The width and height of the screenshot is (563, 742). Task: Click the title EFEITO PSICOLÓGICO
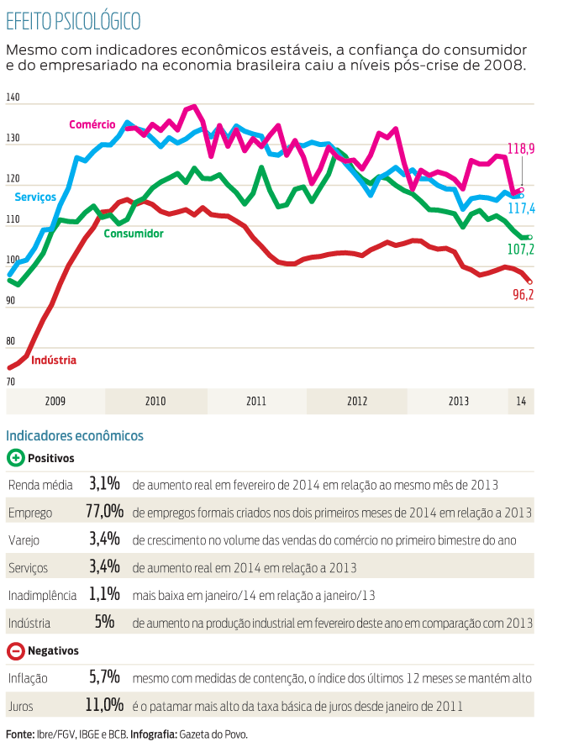[73, 20]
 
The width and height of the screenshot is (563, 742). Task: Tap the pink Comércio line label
[92, 124]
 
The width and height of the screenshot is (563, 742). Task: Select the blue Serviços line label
[35, 197]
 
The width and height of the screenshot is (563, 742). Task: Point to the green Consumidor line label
[133, 234]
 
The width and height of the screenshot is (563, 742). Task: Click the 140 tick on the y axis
[13, 98]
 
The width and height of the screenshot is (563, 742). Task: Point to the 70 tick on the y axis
[11, 382]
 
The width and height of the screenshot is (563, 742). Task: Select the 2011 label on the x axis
[256, 402]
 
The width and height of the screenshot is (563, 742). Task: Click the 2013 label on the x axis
[459, 402]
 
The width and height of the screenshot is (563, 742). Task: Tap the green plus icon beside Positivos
[15, 458]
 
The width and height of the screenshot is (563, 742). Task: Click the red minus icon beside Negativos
[15, 650]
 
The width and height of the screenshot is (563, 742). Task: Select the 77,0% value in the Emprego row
[105, 512]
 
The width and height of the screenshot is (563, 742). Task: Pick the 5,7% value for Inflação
[105, 677]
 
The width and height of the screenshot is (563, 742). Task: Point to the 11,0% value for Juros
[105, 704]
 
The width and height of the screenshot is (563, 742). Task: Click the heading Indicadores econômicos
[75, 435]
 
